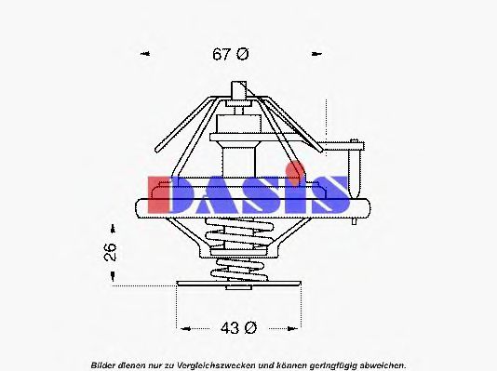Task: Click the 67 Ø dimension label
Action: pyautogui.click(x=231, y=54)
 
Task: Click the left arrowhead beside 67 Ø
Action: pyautogui.click(x=145, y=54)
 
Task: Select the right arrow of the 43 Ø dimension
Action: pyautogui.click(x=297, y=328)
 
